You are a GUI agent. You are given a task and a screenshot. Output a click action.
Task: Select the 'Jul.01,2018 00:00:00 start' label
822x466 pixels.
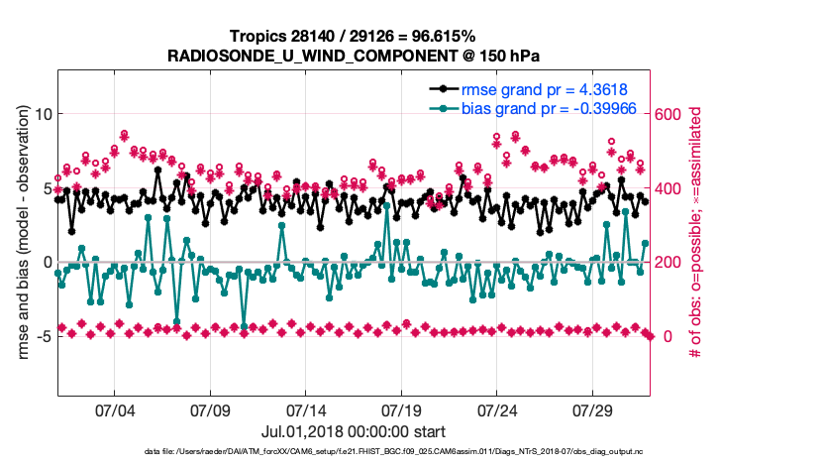(354, 432)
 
